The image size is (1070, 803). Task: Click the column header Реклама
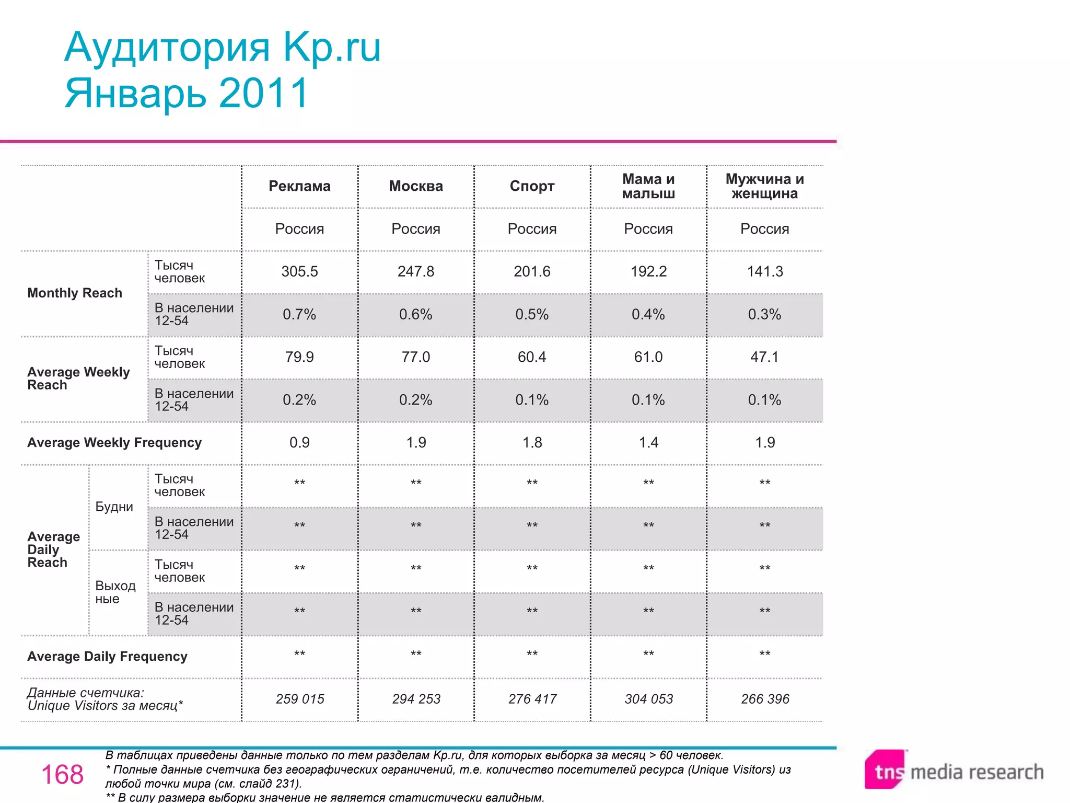(299, 186)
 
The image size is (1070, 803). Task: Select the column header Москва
(416, 186)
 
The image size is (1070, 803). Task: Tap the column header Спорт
(532, 186)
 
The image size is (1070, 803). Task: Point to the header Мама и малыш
(648, 186)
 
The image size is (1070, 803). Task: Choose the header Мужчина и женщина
(764, 186)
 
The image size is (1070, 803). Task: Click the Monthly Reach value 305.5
(299, 271)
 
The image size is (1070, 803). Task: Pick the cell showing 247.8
(416, 271)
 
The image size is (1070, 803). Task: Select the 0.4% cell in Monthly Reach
(648, 314)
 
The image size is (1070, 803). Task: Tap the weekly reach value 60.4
(532, 357)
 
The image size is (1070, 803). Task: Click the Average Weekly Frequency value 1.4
(648, 443)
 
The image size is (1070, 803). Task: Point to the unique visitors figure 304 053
(648, 699)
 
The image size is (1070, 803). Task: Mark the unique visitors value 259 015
(300, 699)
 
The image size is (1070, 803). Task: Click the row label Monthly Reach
(75, 293)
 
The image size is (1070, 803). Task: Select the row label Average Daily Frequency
(107, 657)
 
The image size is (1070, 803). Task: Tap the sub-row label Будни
(114, 507)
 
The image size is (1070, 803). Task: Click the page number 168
(62, 774)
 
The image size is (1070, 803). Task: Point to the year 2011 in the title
(264, 94)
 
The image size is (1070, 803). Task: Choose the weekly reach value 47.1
(764, 357)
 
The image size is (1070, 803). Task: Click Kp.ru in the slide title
(332, 48)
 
